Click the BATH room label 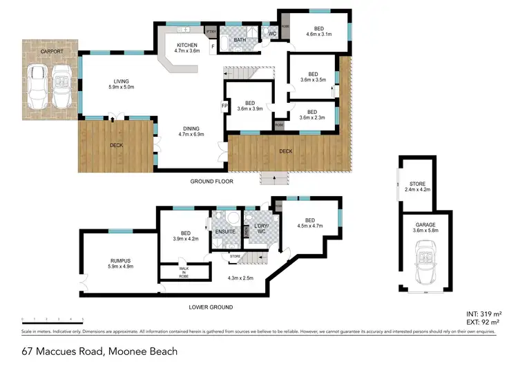tap(240, 40)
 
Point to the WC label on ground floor tap(272, 33)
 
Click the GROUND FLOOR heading tap(212, 182)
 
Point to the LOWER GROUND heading tap(212, 307)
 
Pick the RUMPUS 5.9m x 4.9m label tap(119, 264)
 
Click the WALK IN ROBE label tap(184, 271)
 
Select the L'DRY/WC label tap(260, 230)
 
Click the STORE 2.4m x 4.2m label tap(416, 186)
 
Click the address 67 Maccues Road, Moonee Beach tap(99, 351)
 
